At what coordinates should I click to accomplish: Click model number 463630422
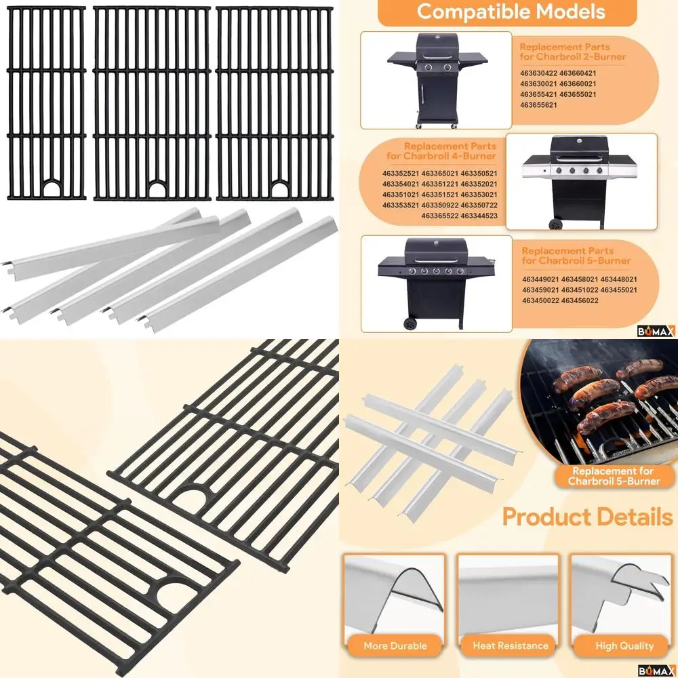[538, 73]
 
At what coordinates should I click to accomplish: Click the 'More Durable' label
[395, 645]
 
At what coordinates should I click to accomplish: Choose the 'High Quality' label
[624, 645]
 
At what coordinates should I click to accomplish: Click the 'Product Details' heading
[587, 518]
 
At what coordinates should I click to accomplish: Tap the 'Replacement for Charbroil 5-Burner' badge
[614, 476]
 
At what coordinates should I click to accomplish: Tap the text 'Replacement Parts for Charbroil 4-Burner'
[449, 151]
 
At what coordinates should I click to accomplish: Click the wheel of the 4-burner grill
[556, 223]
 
